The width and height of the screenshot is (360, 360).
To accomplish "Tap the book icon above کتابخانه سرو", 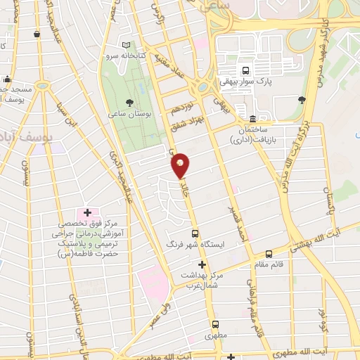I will (126, 44).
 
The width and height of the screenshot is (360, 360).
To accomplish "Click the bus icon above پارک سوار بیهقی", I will (245, 70).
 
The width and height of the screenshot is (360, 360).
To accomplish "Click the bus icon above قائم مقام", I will (269, 255).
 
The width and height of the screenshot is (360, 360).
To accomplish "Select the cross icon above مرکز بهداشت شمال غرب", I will (202, 265).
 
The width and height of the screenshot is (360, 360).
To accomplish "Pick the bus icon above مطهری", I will (215, 325).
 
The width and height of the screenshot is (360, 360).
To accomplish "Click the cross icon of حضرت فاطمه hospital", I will (88, 212).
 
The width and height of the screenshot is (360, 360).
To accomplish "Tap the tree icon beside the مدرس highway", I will (302, 99).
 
